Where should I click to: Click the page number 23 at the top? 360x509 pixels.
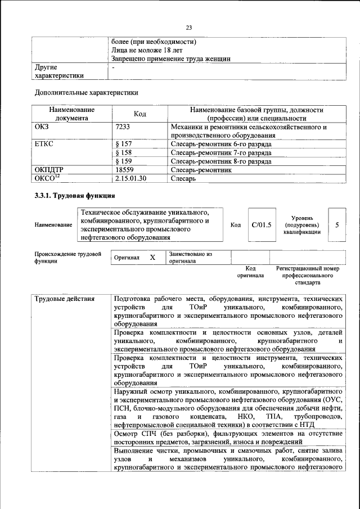pos(189,28)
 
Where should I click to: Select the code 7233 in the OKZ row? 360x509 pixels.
pos(123,127)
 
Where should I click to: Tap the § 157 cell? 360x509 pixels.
pos(123,145)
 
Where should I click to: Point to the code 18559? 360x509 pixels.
pos(124,170)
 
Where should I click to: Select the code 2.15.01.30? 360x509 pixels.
pos(130,179)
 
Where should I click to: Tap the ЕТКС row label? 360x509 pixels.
pos(44,145)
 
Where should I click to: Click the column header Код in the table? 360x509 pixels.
pos(140,114)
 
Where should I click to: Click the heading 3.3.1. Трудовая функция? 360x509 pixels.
pos(75,196)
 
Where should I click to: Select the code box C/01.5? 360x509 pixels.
pos(262,225)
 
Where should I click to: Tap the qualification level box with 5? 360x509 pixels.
pos(336,225)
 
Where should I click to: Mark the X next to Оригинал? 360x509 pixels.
pos(152,257)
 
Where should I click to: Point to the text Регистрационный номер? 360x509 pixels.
pos(308,269)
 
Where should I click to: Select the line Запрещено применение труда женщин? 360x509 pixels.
pos(171,58)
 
